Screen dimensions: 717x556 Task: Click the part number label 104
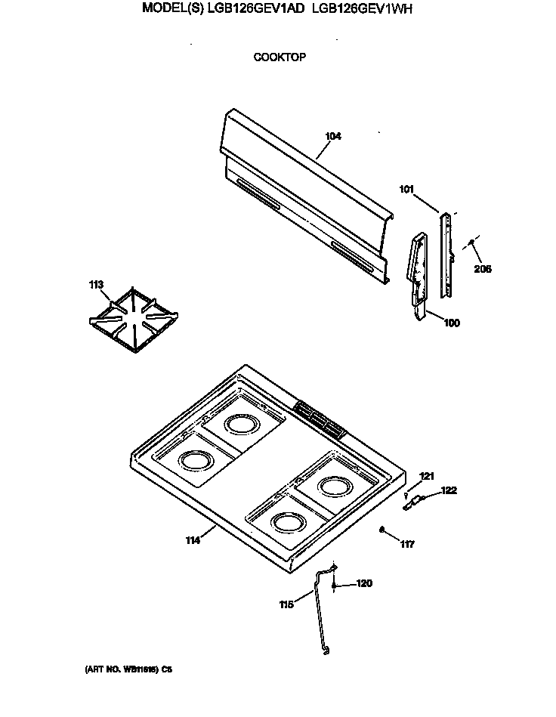pos(332,137)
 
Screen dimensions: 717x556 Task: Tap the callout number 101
pos(406,190)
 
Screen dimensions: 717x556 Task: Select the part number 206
pos(482,268)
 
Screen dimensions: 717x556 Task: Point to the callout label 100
pos(451,323)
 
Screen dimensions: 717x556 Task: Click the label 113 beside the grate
pos(96,284)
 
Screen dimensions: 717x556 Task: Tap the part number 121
pos(428,476)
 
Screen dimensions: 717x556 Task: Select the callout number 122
pos(449,490)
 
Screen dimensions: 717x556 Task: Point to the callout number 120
pos(364,584)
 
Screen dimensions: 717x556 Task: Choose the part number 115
pos(287,604)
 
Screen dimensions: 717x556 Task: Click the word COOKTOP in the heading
pos(280,57)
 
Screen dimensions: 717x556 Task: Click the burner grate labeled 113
pos(134,318)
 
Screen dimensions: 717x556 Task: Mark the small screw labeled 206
pos(471,243)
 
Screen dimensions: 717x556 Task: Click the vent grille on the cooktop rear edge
pos(317,419)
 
